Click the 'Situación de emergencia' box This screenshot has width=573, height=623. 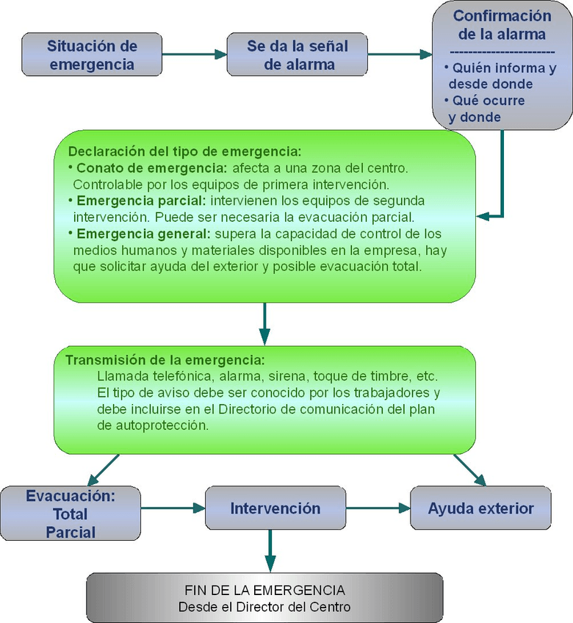click(92, 54)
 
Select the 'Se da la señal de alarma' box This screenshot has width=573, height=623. click(298, 54)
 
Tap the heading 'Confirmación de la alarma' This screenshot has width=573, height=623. click(502, 24)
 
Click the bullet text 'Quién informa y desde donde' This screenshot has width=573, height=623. click(501, 76)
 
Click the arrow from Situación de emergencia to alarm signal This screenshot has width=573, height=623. click(192, 54)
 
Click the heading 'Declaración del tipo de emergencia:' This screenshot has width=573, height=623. click(184, 152)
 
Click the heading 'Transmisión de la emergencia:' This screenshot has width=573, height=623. click(165, 361)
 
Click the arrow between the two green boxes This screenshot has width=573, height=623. click(264, 323)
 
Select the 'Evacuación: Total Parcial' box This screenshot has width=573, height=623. click(71, 514)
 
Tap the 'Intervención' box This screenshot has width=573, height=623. click(275, 508)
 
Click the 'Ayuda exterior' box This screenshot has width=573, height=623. click(480, 508)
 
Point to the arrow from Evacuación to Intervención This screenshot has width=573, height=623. click(173, 508)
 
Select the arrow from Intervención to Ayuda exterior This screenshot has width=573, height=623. click(378, 508)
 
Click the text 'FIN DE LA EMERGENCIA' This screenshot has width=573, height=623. click(264, 590)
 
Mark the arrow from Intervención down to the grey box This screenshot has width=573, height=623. click(270, 551)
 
